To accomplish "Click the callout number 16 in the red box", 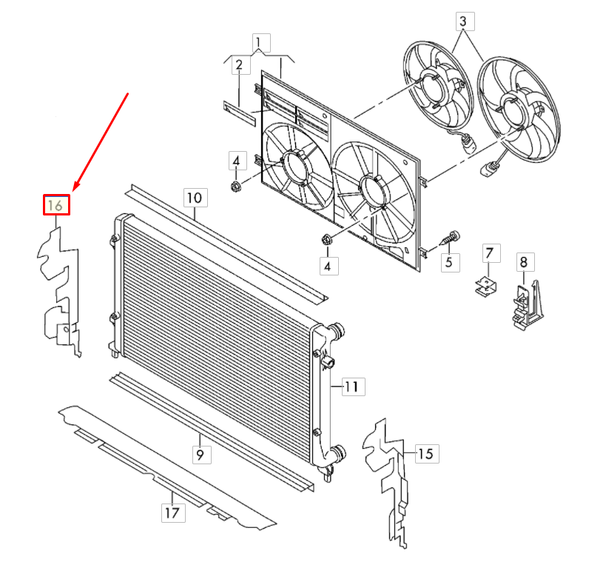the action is click(55, 205).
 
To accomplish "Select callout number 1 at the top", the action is click(261, 42).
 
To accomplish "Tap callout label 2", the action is click(239, 65).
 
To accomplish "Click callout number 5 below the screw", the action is click(449, 263).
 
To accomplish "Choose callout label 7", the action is click(489, 253).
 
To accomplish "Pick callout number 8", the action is click(524, 262).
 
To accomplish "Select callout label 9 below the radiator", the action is click(200, 455).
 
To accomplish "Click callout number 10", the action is click(195, 198).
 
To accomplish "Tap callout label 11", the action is click(352, 387).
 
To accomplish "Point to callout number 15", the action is click(425, 453).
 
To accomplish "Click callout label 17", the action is click(172, 512).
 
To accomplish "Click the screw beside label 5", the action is click(451, 237).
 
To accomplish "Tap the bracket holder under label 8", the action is click(527, 304).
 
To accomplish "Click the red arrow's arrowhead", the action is click(75, 186).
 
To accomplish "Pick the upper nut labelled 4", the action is click(236, 187).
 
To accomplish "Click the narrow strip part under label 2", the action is click(240, 113).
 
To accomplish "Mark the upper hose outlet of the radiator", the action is click(337, 331).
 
